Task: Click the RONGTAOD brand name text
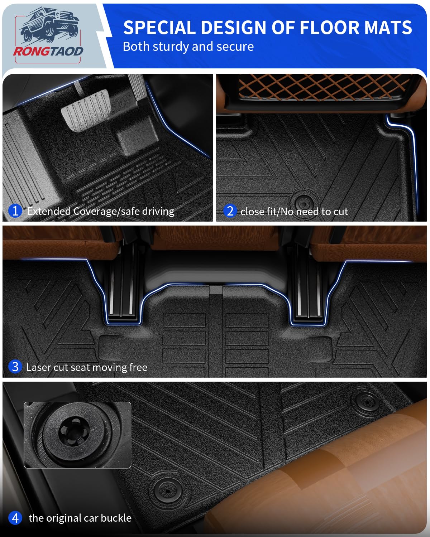[x=48, y=51]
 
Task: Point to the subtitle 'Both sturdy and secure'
[x=188, y=47]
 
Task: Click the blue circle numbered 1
[x=15, y=211]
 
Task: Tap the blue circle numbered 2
[x=230, y=211]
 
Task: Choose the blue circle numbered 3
[x=15, y=367]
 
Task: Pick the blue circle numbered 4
[x=15, y=518]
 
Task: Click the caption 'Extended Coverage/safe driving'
[x=101, y=211]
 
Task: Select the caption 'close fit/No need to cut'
[x=294, y=212]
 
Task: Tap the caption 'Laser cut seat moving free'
[x=87, y=367]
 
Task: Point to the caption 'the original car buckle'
[x=80, y=518]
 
